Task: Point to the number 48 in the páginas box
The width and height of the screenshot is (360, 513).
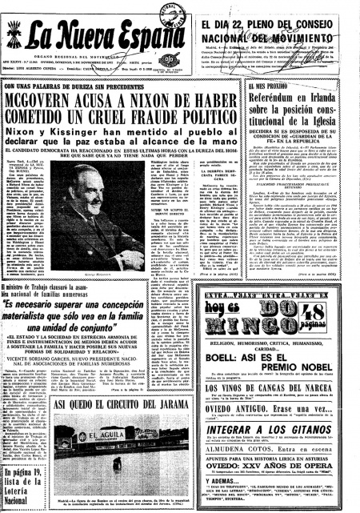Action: pyautogui.click(x=329, y=303)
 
